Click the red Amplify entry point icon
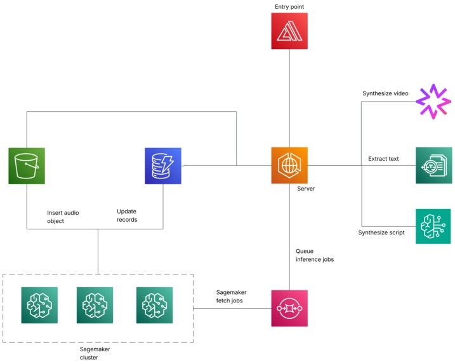pyautogui.click(x=289, y=30)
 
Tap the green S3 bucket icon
pyautogui.click(x=27, y=166)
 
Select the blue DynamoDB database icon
pyautogui.click(x=163, y=166)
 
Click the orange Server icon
pyautogui.click(x=289, y=165)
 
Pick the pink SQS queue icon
pyautogui.click(x=289, y=308)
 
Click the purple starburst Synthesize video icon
pyautogui.click(x=433, y=102)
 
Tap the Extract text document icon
pyautogui.click(x=434, y=165)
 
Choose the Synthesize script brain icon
pyautogui.click(x=433, y=226)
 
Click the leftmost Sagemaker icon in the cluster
pyautogui.click(x=39, y=306)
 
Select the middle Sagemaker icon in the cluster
pyautogui.click(x=95, y=306)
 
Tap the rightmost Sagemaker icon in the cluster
pyautogui.click(x=154, y=306)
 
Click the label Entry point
pyautogui.click(x=289, y=7)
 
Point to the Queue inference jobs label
pyautogui.click(x=315, y=255)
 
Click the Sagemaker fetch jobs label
pyautogui.click(x=231, y=296)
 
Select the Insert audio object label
pyautogui.click(x=63, y=217)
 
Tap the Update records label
pyautogui.click(x=127, y=215)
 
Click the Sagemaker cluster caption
pyautogui.click(x=95, y=353)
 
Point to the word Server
pyautogui.click(x=306, y=189)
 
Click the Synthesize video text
pyautogui.click(x=385, y=93)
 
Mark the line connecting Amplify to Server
pyautogui.click(x=289, y=98)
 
